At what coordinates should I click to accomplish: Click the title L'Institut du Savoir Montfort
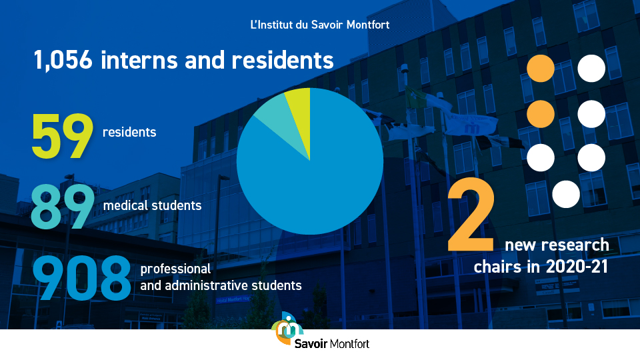[320, 25]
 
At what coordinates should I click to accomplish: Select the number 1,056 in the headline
[63, 61]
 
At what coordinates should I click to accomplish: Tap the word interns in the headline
[139, 59]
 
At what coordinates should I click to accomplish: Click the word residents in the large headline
[283, 59]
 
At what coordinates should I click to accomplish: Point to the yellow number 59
[63, 136]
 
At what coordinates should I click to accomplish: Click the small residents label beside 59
[129, 132]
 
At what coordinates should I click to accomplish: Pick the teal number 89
[63, 207]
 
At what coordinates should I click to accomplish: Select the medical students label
[152, 205]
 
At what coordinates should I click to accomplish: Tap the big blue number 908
[81, 278]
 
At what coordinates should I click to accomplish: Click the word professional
[175, 269]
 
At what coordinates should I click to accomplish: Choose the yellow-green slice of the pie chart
[300, 114]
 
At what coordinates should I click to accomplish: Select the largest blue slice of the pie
[314, 179]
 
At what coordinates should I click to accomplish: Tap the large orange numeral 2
[471, 214]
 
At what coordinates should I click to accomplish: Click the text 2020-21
[577, 267]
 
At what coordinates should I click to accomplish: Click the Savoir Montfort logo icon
[289, 328]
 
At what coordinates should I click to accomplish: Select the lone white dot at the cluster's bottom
[566, 194]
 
